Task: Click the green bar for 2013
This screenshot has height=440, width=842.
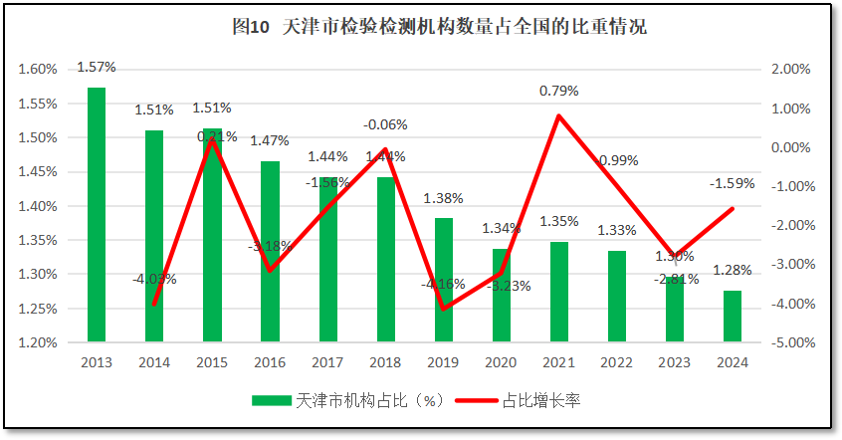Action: click(x=97, y=214)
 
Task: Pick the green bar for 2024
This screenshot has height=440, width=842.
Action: click(x=732, y=316)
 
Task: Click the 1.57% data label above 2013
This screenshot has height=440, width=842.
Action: click(x=97, y=68)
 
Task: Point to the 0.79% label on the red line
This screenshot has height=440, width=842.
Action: click(x=559, y=91)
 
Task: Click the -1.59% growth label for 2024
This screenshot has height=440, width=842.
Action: click(x=732, y=184)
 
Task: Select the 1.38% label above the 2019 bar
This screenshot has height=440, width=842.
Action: click(x=444, y=198)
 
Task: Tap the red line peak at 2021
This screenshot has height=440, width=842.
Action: click(x=559, y=115)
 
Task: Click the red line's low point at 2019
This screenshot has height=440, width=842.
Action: click(x=444, y=309)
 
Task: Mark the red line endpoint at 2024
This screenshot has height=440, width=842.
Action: click(x=732, y=208)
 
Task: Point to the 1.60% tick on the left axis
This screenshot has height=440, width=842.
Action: click(x=37, y=69)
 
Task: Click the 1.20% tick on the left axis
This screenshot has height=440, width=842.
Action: click(x=37, y=342)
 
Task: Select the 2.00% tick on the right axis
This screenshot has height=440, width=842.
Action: click(x=793, y=69)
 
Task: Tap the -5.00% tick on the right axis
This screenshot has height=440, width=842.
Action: click(x=793, y=342)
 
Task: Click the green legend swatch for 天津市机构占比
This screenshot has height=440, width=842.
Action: click(x=272, y=400)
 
